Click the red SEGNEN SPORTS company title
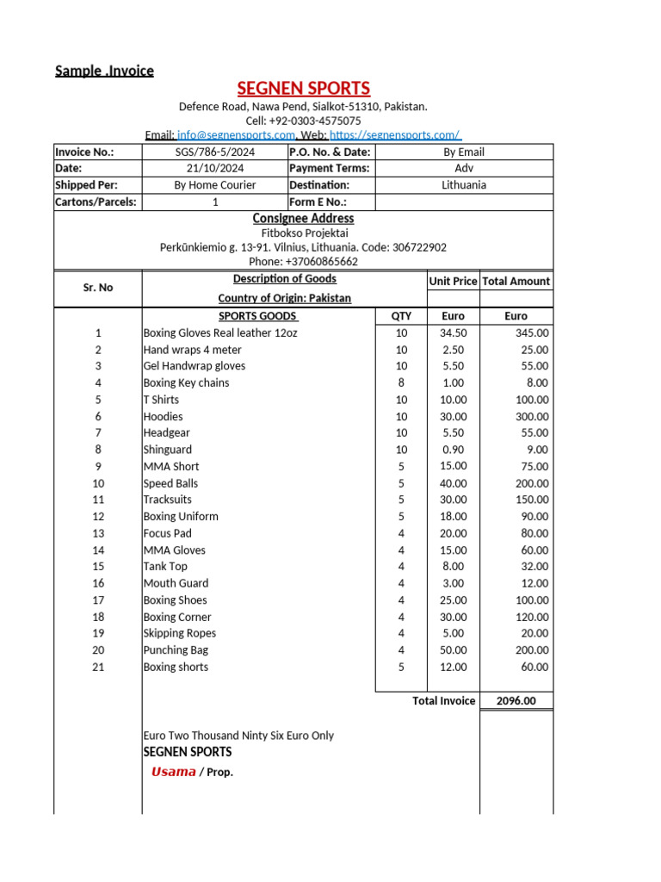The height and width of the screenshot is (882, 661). tap(304, 88)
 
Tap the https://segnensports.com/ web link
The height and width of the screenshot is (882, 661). tap(395, 135)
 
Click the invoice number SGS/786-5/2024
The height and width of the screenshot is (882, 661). tap(215, 152)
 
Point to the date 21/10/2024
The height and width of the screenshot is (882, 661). tap(215, 168)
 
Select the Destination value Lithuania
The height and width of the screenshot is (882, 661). tap(464, 185)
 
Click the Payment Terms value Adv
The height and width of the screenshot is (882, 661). tap(464, 168)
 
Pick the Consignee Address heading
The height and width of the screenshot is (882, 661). tap(303, 219)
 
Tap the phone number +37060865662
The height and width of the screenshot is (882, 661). tap(303, 261)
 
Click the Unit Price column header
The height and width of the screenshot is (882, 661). tap(453, 281)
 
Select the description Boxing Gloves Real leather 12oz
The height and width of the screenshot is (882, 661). tap(220, 332)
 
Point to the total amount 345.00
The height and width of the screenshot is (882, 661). tap(532, 332)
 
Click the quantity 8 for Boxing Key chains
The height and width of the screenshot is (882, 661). tap(401, 382)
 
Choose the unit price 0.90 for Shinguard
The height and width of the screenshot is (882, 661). tap(453, 450)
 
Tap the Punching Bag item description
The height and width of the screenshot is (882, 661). tap(176, 650)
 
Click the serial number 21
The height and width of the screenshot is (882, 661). tap(98, 667)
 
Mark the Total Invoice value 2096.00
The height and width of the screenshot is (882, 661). tap(516, 700)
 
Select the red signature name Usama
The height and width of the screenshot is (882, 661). tap(174, 772)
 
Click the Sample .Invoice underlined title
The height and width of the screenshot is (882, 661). tap(104, 71)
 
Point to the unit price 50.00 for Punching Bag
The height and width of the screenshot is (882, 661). tap(453, 650)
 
